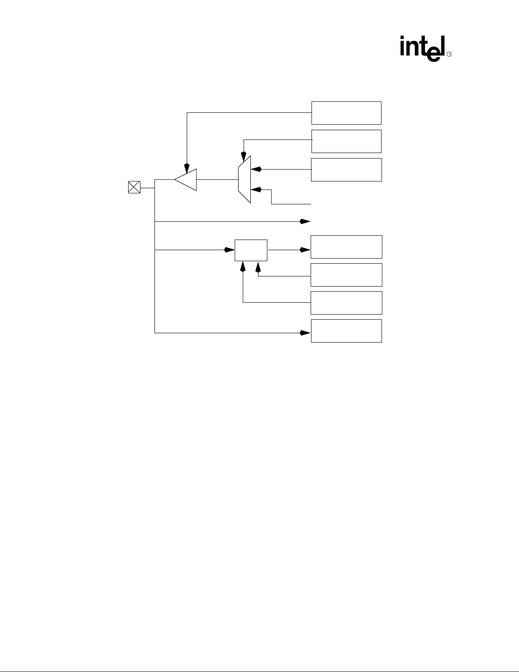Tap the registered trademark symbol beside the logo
[449, 54]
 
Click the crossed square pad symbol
[134, 187]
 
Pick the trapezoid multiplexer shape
[244, 179]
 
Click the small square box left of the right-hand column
[251, 250]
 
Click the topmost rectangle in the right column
[346, 113]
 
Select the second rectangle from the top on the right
[346, 141]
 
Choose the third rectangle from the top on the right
[346, 170]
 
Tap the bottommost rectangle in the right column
[346, 331]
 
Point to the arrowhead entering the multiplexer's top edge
[244, 157]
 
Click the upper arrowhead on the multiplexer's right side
[256, 169]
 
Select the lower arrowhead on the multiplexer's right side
[256, 190]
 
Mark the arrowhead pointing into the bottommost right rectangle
[305, 333]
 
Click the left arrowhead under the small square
[243, 266]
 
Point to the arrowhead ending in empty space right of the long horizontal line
[305, 221]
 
